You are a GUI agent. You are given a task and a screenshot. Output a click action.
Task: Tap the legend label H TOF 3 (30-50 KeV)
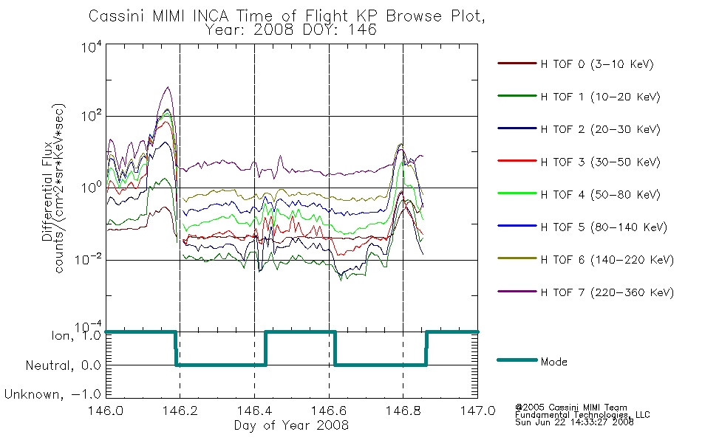tap(600, 162)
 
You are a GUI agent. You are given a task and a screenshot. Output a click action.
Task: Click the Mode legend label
tap(553, 362)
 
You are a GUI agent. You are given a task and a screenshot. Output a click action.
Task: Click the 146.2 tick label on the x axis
tap(180, 411)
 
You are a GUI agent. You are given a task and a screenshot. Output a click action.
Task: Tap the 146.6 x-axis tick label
tap(329, 411)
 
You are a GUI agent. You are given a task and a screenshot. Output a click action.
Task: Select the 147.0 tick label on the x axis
tap(477, 411)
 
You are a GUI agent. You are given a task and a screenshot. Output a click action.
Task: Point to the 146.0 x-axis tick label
tap(106, 411)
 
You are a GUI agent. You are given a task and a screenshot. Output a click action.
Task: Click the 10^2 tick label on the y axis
tap(92, 116)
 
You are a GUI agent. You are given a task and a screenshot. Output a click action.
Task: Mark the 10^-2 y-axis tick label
tap(89, 260)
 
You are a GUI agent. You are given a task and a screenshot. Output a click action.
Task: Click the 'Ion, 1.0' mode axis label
tap(75, 336)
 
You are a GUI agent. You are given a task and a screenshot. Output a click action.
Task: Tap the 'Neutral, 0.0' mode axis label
tap(63, 365)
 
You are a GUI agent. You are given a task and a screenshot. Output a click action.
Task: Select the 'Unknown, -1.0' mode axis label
tap(52, 394)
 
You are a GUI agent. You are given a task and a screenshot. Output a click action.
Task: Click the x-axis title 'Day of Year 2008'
tap(291, 425)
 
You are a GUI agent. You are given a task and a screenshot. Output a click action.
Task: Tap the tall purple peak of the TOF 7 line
tap(168, 87)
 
